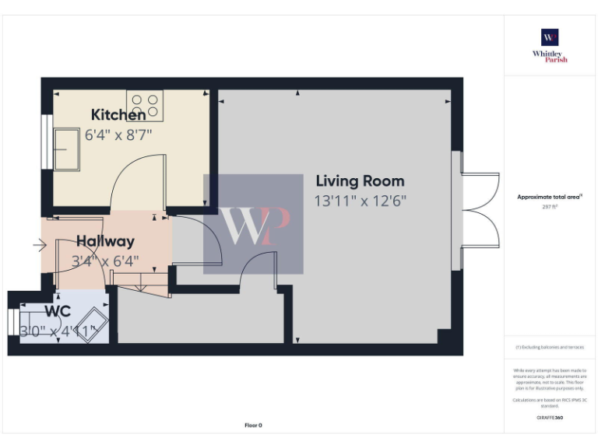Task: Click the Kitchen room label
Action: pos(118,115)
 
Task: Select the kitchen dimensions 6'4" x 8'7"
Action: pos(118,134)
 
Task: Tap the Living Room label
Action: pos(360,181)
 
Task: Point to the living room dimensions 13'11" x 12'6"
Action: pos(360,201)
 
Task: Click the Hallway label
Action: pos(105,242)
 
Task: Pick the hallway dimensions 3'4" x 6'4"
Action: pos(105,261)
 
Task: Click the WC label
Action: pos(53,311)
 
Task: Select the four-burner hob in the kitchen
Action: pos(146,106)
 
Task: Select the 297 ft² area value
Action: pos(550,207)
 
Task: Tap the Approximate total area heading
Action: pos(550,198)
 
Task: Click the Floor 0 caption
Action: pos(253,425)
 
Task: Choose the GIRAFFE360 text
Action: pos(550,418)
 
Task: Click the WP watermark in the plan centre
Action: pos(253,224)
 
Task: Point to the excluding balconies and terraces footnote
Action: pos(550,347)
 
